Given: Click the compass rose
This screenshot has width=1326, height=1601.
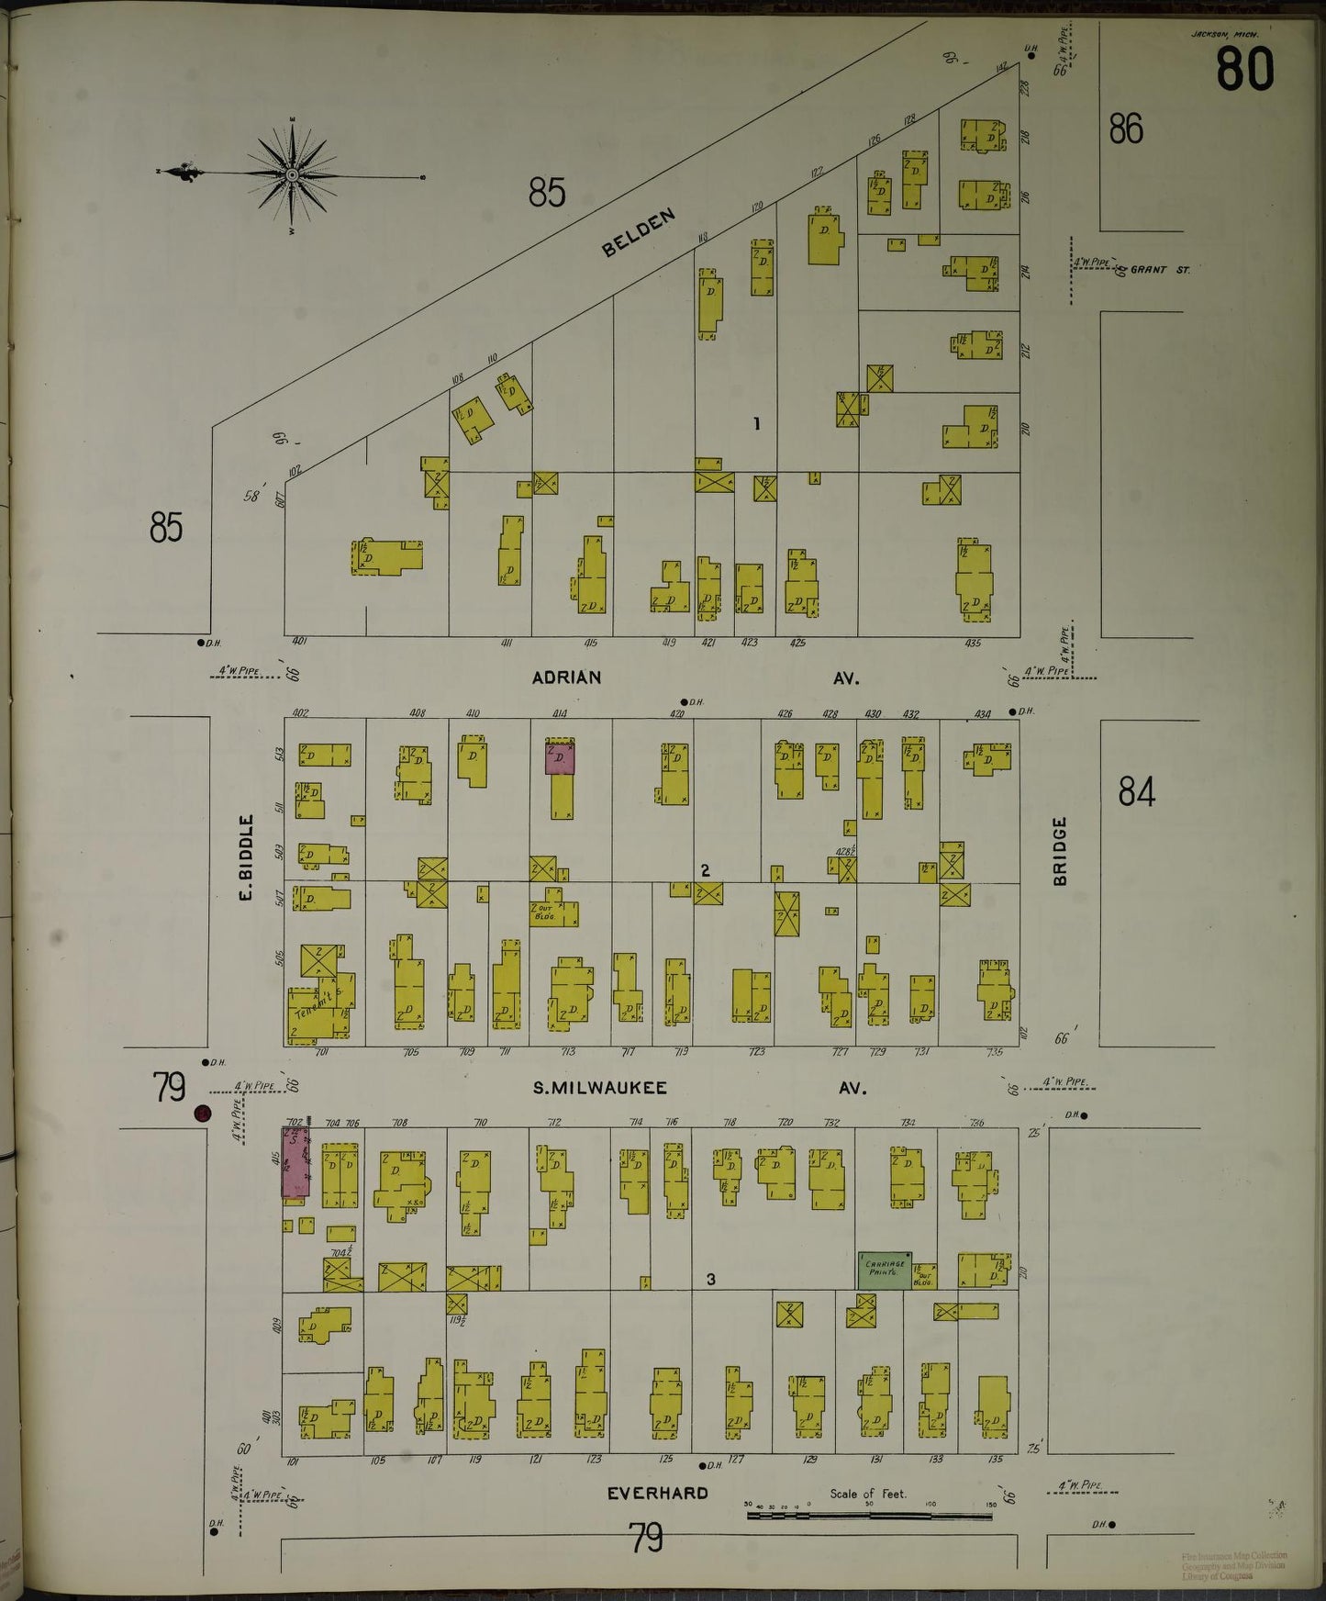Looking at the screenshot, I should [x=292, y=174].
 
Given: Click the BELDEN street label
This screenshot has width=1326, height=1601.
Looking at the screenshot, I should [x=640, y=233].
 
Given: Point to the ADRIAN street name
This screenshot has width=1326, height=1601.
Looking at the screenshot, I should [x=566, y=677].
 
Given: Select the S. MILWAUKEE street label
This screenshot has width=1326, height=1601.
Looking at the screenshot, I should [x=600, y=1088].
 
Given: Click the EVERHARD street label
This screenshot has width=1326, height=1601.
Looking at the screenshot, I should [x=657, y=1494].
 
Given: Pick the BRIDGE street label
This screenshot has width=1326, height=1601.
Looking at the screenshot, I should [x=1060, y=851].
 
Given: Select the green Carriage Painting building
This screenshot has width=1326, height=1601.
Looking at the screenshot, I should [x=885, y=1271].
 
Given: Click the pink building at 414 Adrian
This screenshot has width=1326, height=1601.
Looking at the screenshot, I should [x=560, y=758].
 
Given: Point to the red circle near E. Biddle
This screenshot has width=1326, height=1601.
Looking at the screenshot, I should [x=203, y=1114].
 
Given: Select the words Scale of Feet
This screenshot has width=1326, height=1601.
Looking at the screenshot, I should [x=867, y=1494].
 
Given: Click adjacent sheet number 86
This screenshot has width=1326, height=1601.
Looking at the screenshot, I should [x=1125, y=129].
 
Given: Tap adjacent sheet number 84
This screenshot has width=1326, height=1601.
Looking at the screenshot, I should [x=1136, y=790].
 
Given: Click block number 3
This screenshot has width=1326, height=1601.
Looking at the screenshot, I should [x=710, y=1279].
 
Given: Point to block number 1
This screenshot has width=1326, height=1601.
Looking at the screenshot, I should [x=756, y=424].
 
